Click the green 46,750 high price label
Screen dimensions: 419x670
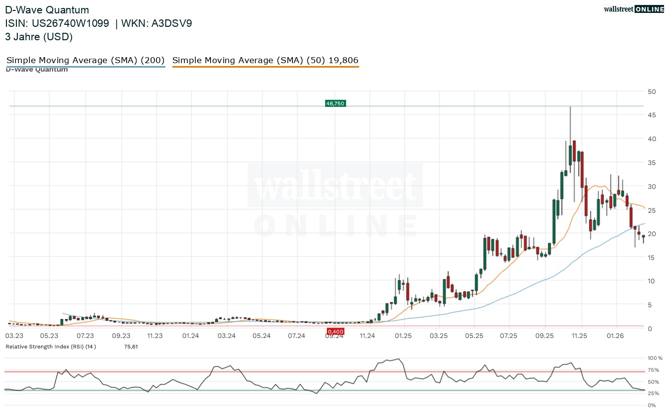click(x=335, y=103)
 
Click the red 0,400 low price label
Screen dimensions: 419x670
click(x=335, y=332)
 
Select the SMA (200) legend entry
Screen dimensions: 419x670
click(x=85, y=61)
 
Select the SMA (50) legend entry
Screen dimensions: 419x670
click(x=265, y=61)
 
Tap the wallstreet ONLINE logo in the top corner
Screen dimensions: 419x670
click(x=633, y=9)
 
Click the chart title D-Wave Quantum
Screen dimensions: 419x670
click(x=47, y=10)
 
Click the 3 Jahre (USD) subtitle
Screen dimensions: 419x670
click(x=39, y=36)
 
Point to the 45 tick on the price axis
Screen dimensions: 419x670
click(x=651, y=115)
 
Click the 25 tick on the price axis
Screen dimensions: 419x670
click(x=651, y=210)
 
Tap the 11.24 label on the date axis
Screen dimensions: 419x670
click(x=368, y=336)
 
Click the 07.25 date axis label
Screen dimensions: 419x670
click(x=509, y=336)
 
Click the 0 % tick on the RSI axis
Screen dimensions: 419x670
click(x=651, y=406)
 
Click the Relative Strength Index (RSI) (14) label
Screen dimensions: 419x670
click(x=51, y=346)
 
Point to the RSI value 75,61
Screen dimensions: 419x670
click(x=131, y=346)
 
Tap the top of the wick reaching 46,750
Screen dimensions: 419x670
click(x=570, y=107)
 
